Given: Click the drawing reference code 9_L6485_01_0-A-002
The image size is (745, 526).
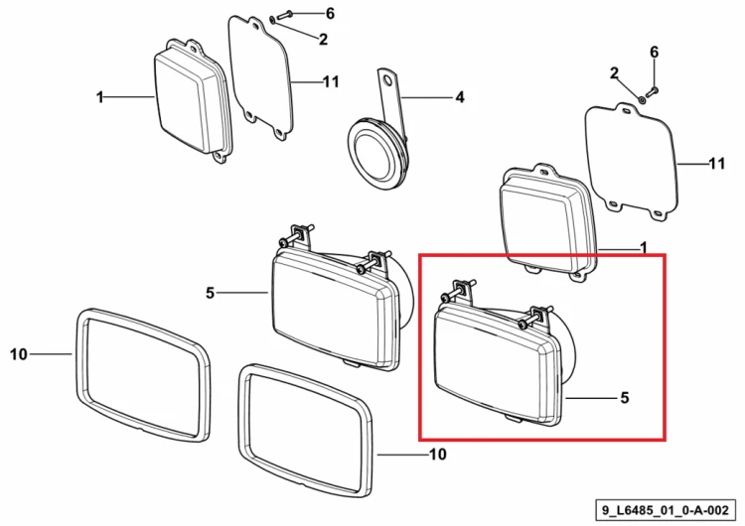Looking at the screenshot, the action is tap(666, 511).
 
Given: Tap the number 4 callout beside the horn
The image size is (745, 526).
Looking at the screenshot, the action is tap(460, 97).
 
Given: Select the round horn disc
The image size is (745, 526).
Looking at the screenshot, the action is tap(375, 154).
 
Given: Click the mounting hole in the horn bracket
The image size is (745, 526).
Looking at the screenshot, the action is tap(388, 80).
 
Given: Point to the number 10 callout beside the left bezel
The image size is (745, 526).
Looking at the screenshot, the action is tap(19, 354).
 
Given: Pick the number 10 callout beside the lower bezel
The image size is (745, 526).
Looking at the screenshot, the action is tap(438, 455).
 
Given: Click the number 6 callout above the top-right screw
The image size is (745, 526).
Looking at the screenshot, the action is tap(655, 52).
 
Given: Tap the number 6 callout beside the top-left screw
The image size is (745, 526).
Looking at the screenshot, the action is tap(330, 13).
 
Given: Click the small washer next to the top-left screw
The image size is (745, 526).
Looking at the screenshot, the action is tap(271, 20).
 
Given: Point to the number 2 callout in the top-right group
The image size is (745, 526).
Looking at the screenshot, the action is tap(614, 73).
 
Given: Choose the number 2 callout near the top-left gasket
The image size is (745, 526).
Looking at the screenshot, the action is tap(323, 40).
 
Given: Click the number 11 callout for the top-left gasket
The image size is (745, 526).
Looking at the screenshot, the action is tap(331, 82).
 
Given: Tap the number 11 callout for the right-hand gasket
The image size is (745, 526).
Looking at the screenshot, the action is tap(717, 164).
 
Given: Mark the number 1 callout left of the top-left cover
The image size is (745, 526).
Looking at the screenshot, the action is tap(99, 97).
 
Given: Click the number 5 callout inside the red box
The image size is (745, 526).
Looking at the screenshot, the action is tap(625, 397).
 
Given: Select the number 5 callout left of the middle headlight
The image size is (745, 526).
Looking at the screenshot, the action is tap(210, 293).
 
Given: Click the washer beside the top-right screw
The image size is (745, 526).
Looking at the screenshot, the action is tap(641, 99).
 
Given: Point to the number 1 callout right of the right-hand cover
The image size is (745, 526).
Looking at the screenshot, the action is tap(644, 247).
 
